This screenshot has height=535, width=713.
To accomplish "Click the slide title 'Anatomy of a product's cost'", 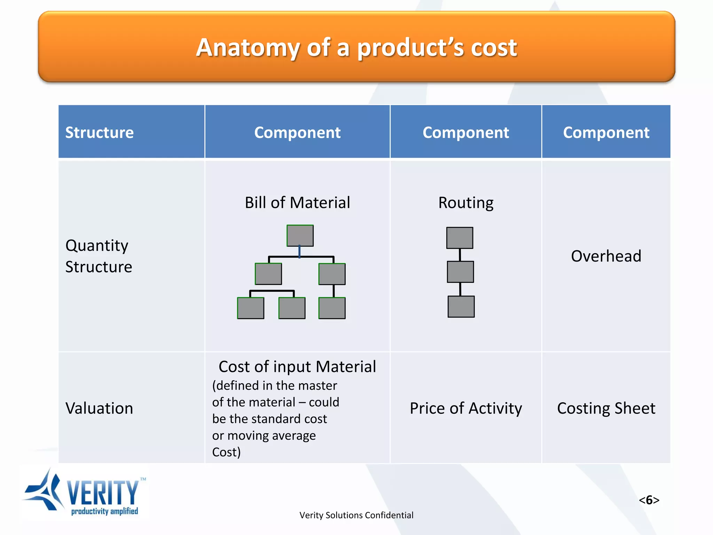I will click(356, 48).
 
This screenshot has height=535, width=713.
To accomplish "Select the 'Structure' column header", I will click(100, 133).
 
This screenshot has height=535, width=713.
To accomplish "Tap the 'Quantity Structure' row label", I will click(99, 256).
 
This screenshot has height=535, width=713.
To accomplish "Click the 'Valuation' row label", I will click(99, 408).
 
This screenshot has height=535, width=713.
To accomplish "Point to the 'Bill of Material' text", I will click(297, 203).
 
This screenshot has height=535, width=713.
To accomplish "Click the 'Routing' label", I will click(465, 203).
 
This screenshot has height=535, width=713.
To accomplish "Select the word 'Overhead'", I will click(606, 256).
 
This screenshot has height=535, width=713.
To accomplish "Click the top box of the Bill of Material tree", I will click(300, 236).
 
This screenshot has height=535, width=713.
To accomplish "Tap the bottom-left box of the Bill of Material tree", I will click(250, 308).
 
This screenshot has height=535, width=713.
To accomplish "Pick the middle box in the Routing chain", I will click(460, 272).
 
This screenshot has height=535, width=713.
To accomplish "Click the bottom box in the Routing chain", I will click(461, 307).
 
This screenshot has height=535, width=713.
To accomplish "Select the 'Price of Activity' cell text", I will click(465, 408).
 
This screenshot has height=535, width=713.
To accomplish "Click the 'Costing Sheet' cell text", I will click(606, 408).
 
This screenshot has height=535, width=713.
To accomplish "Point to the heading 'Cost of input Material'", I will click(297, 367).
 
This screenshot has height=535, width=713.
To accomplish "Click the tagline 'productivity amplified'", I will click(104, 511).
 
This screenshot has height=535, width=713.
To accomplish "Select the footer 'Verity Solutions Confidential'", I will click(356, 515).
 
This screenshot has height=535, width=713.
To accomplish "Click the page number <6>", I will click(649, 500).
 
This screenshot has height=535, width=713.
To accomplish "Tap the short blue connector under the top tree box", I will click(299, 251).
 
